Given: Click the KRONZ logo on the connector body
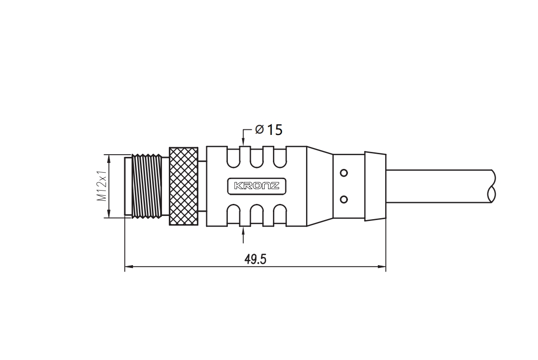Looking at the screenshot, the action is tap(257, 186).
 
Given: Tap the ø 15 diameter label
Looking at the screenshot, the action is tap(269, 130).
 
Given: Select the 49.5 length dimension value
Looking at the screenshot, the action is tap(255, 259).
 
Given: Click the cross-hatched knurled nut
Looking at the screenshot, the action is tap(184, 186).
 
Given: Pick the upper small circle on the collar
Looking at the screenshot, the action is tap(343, 173).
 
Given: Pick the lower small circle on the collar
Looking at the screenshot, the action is tap(343, 199).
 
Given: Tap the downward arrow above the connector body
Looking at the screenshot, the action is tap(243, 140).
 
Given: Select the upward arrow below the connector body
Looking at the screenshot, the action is tap(243, 235).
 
